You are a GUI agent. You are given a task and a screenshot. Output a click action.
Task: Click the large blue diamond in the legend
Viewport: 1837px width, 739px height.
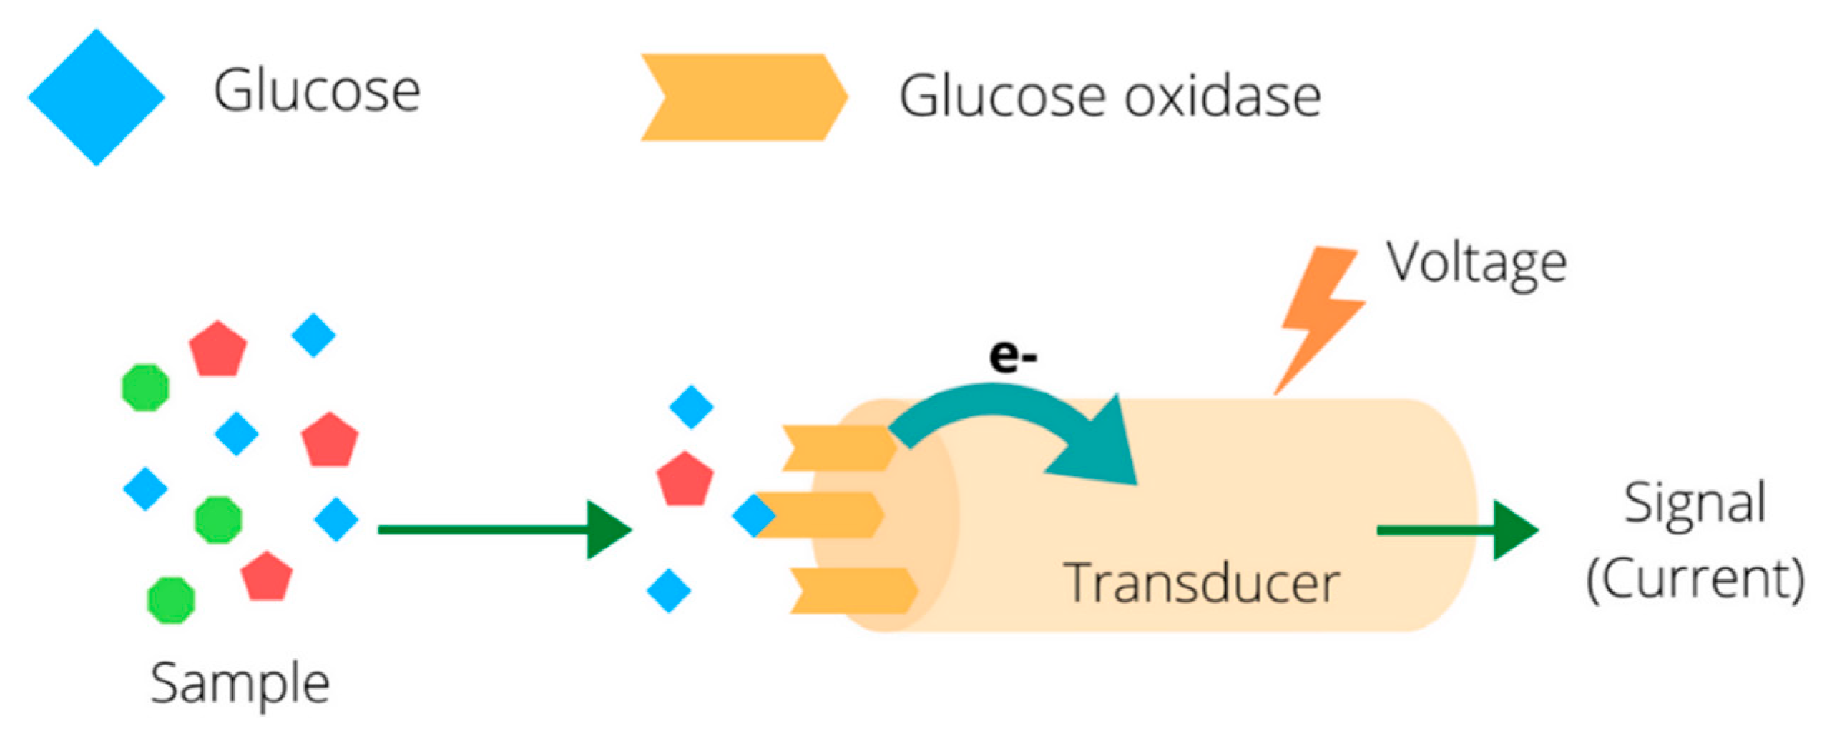pyautogui.click(x=97, y=97)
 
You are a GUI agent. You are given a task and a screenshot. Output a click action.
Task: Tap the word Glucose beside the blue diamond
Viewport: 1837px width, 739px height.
pyautogui.click(x=316, y=92)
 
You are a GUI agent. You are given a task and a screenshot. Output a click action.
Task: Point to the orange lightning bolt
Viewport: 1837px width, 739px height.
pyautogui.click(x=1320, y=315)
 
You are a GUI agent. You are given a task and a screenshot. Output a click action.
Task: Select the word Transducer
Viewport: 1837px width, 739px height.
pyautogui.click(x=1202, y=584)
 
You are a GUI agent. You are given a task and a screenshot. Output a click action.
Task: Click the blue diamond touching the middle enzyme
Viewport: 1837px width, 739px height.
pyautogui.click(x=753, y=515)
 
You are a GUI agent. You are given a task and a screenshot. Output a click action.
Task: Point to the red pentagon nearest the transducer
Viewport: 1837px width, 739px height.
pyautogui.click(x=685, y=479)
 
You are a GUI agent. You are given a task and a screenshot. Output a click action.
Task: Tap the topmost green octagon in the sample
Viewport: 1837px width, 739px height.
pyautogui.click(x=146, y=388)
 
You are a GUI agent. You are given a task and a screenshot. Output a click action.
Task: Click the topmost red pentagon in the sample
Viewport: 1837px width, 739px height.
pyautogui.click(x=217, y=348)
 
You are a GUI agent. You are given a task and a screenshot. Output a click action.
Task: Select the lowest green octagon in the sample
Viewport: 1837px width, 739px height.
pyautogui.click(x=171, y=599)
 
